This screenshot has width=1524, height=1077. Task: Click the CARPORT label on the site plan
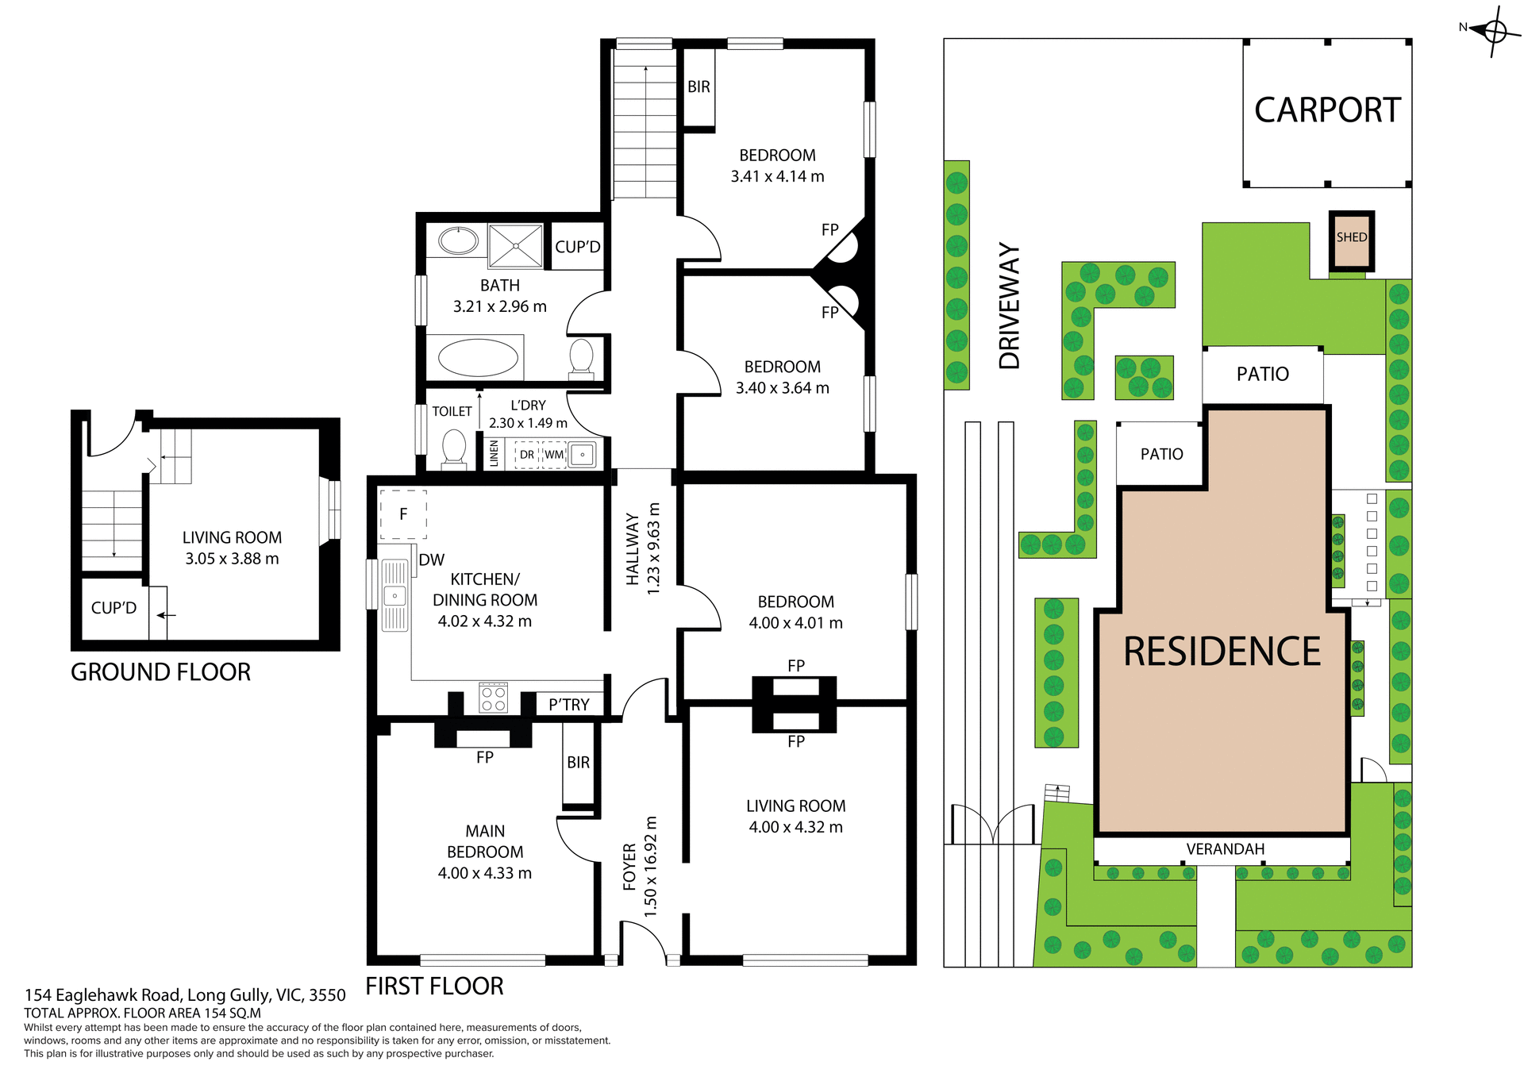click(1327, 110)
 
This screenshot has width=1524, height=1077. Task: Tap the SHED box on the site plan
click(1351, 241)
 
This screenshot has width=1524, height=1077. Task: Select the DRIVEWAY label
click(1009, 306)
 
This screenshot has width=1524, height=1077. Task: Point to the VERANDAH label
click(1225, 849)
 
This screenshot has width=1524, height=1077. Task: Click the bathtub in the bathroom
click(477, 358)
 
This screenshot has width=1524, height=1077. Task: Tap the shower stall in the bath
click(516, 246)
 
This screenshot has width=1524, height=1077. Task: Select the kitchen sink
click(394, 595)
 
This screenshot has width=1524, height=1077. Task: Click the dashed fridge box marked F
click(403, 514)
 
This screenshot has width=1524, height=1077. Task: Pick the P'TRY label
click(569, 705)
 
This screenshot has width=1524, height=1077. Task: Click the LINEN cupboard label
click(494, 454)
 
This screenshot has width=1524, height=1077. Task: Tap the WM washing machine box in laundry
click(554, 455)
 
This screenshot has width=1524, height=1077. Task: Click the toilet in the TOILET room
click(454, 449)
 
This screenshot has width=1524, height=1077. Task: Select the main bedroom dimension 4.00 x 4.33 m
click(484, 873)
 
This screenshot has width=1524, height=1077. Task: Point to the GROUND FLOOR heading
click(160, 672)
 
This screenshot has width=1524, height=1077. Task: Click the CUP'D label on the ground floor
click(114, 608)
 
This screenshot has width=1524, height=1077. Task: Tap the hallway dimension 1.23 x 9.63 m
click(653, 548)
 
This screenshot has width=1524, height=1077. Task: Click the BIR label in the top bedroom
click(698, 87)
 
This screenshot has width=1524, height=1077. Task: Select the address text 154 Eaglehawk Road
click(184, 995)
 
